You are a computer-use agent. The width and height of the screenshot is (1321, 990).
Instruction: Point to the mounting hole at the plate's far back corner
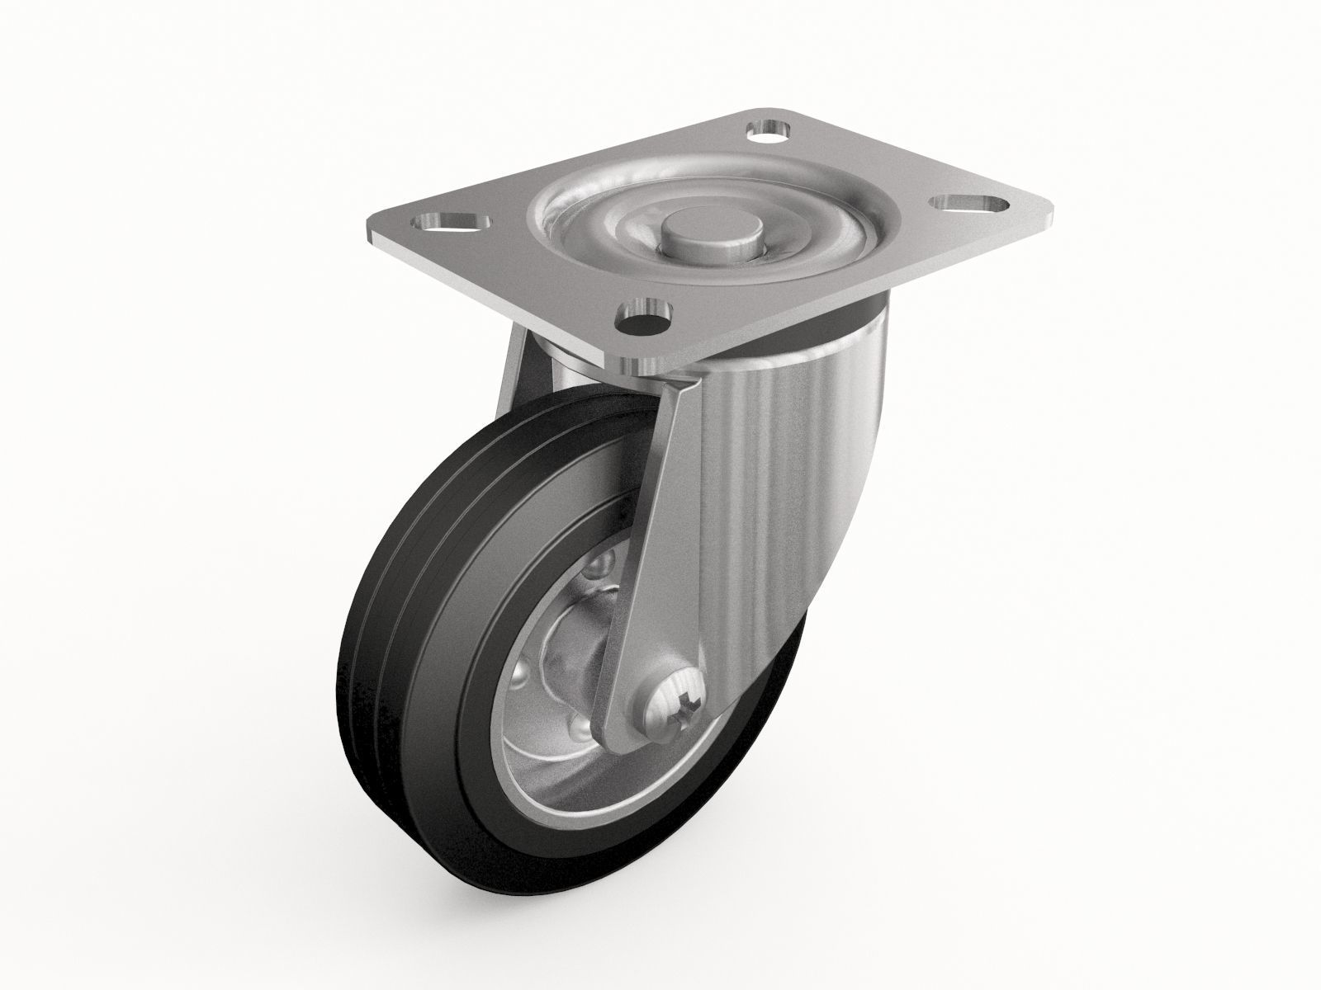(x=767, y=130)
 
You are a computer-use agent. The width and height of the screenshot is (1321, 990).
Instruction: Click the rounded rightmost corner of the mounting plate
(x=1050, y=204)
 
